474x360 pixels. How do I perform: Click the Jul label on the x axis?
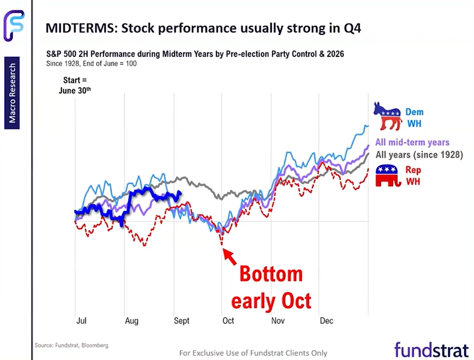(x=81, y=321)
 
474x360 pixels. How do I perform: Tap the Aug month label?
(x=132, y=321)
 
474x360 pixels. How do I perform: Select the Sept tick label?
(x=181, y=321)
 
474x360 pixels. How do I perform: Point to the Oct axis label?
(x=228, y=321)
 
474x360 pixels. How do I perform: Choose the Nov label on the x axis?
(x=278, y=321)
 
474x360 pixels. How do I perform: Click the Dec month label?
(x=327, y=321)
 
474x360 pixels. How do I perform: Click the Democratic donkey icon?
(x=387, y=116)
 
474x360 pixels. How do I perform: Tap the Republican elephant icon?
(x=388, y=176)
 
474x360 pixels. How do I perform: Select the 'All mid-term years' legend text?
(x=412, y=142)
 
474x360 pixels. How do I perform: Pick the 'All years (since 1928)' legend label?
(x=419, y=155)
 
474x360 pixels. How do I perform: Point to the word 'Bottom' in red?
(x=271, y=274)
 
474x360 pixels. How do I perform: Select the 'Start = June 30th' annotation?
(x=75, y=85)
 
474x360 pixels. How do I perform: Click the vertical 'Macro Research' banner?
(x=12, y=93)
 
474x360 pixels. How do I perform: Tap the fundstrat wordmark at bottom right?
(x=432, y=350)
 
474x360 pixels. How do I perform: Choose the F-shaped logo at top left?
(x=14, y=25)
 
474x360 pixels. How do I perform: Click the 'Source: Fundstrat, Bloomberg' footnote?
(x=71, y=345)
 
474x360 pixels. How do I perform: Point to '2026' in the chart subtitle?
(x=335, y=54)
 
